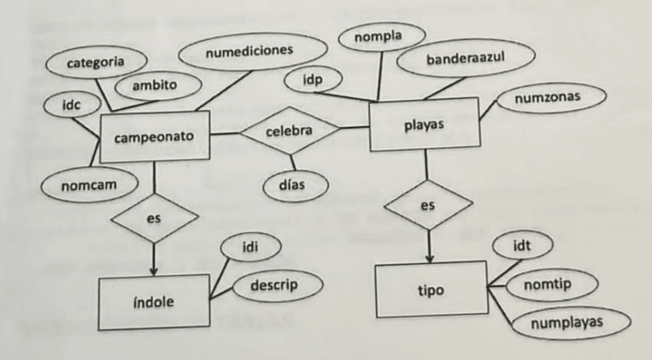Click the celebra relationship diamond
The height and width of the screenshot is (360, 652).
tap(289, 132)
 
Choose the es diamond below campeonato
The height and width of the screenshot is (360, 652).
tap(154, 219)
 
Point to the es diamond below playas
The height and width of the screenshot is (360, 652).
tap(427, 206)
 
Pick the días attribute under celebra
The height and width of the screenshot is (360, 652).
tap(296, 185)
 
